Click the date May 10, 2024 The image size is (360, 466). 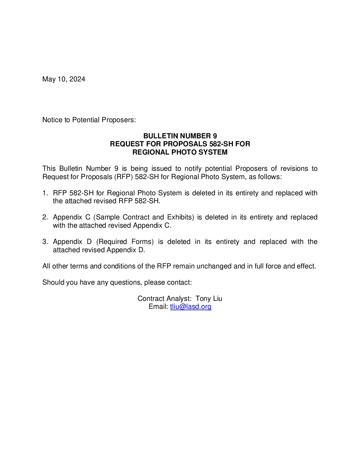pyautogui.click(x=64, y=79)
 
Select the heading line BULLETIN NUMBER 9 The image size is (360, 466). pyautogui.click(x=180, y=136)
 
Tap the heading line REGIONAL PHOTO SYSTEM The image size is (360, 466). pyautogui.click(x=180, y=152)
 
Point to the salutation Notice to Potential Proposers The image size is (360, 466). pyautogui.click(x=89, y=120)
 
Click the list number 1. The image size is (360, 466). pyautogui.click(x=45, y=193)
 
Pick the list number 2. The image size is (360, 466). pyautogui.click(x=45, y=217)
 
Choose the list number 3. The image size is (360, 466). pyautogui.click(x=45, y=242)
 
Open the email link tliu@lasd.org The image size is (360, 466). pyautogui.click(x=191, y=306)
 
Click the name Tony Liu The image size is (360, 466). pyautogui.click(x=209, y=299)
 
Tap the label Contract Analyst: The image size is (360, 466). pyautogui.click(x=164, y=299)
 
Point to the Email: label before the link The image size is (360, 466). pyautogui.click(x=158, y=306)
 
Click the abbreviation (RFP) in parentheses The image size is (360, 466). pyautogui.click(x=123, y=177)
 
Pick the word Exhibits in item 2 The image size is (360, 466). pyautogui.click(x=180, y=217)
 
